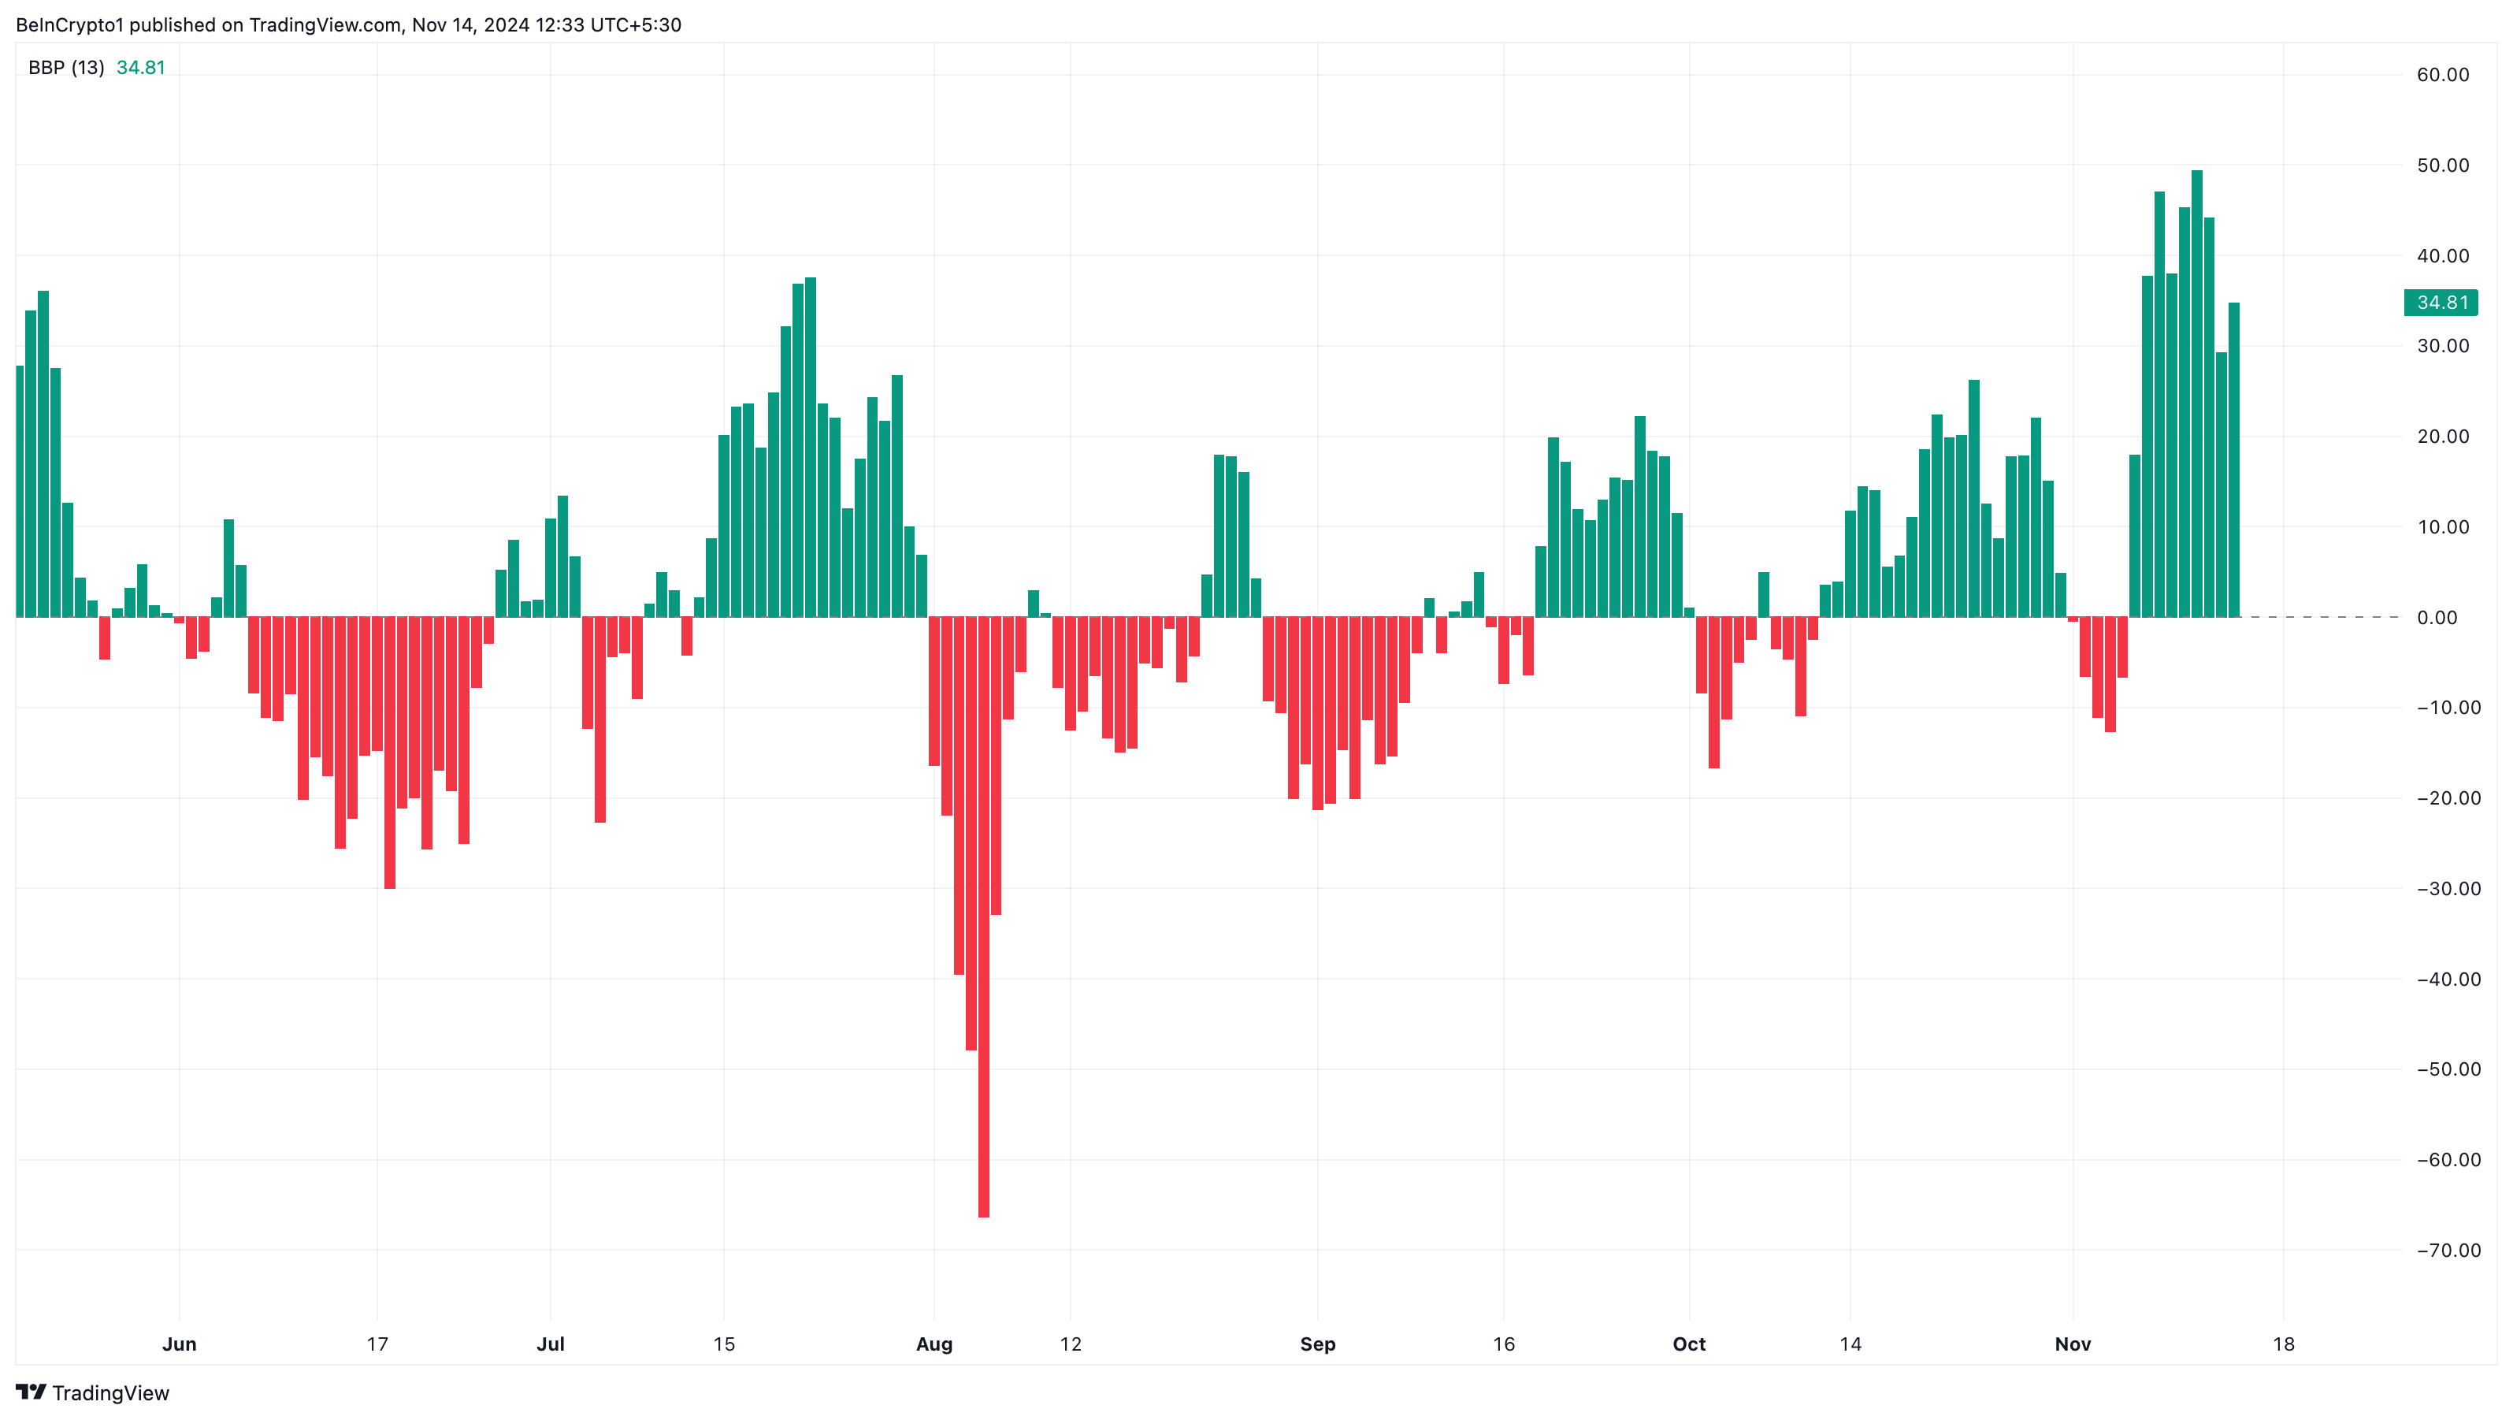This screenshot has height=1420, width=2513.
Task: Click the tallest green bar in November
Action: pyautogui.click(x=2196, y=390)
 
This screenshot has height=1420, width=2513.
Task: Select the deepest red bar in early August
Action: pyautogui.click(x=983, y=917)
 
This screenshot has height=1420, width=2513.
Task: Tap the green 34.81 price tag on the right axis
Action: pyautogui.click(x=2441, y=303)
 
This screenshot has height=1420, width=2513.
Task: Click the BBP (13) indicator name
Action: pyautogui.click(x=65, y=67)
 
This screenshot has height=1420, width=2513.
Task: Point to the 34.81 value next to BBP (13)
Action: pyautogui.click(x=140, y=67)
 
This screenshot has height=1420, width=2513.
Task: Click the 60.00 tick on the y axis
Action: pyautogui.click(x=2443, y=75)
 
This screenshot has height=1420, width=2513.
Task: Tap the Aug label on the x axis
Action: pyautogui.click(x=934, y=1344)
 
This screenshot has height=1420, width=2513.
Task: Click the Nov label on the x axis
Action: pyautogui.click(x=2072, y=1344)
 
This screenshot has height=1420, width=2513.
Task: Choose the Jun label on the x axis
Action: pyautogui.click(x=180, y=1344)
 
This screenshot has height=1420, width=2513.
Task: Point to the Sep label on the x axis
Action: pyautogui.click(x=1317, y=1344)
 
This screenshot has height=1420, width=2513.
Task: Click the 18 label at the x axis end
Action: pyautogui.click(x=2284, y=1344)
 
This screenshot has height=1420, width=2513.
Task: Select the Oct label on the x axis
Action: pyautogui.click(x=1689, y=1344)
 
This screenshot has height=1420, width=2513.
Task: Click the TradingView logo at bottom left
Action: pyautogui.click(x=93, y=1392)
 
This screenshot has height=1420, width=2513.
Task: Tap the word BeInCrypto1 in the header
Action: pyautogui.click(x=69, y=24)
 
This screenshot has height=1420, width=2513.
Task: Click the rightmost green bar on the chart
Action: pyautogui.click(x=2234, y=459)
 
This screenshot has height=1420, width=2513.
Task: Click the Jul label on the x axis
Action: pyautogui.click(x=550, y=1344)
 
